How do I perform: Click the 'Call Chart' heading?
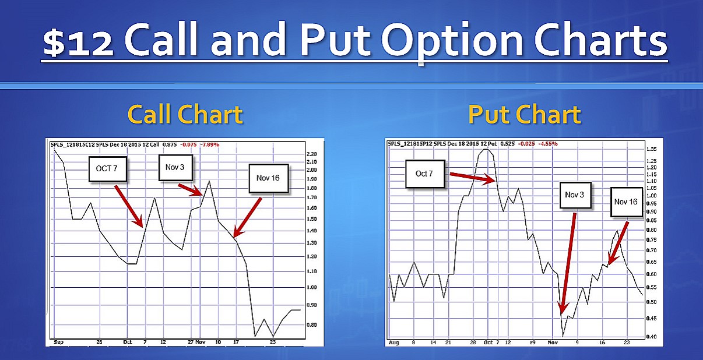(185, 114)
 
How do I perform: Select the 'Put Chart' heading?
(524, 114)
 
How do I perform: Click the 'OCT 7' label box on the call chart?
(109, 169)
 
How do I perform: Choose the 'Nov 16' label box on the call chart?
(268, 178)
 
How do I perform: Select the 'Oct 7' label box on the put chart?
(424, 174)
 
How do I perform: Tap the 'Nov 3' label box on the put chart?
(574, 195)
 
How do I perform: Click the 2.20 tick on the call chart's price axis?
(311, 153)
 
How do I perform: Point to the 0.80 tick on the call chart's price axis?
(311, 324)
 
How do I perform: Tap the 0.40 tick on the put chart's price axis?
(651, 337)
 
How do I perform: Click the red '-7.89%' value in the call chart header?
(209, 144)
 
